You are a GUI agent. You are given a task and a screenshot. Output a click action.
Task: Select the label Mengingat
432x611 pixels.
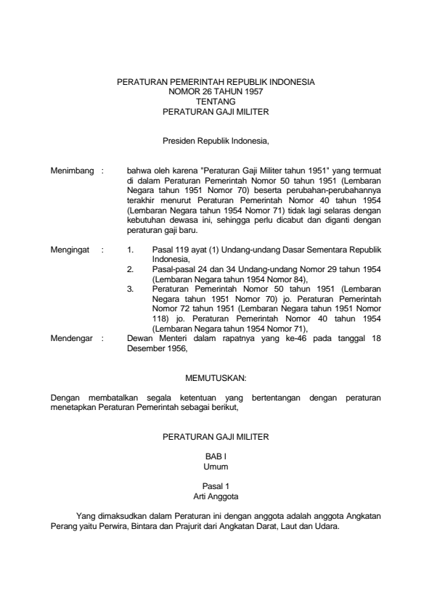coord(70,249)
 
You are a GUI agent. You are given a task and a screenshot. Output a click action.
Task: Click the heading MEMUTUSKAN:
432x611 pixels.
coord(216,378)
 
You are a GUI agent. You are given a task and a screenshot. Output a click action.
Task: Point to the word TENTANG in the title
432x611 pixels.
coord(216,102)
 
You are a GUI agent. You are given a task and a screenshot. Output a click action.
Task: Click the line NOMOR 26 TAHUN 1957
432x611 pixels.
coord(216,93)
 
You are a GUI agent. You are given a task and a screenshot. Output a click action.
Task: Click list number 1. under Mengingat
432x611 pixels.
coord(130,249)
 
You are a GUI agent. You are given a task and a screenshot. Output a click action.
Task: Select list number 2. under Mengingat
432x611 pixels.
coord(130,268)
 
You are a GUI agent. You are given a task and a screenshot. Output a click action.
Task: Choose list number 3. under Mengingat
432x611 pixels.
coord(130,288)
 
